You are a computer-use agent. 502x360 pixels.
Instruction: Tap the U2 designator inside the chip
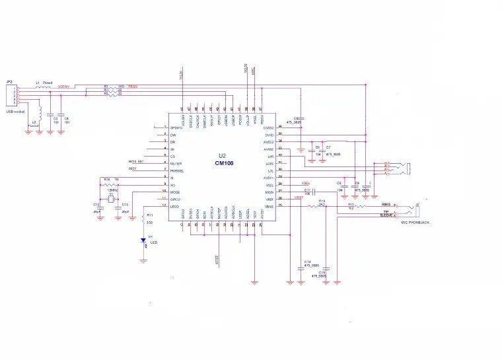pos(223,157)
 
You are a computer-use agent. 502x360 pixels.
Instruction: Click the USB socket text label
pos(15,112)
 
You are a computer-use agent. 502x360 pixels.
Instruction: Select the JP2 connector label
pos(9,81)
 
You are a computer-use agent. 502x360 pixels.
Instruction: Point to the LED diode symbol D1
pos(143,242)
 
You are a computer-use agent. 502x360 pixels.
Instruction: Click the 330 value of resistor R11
pos(150,223)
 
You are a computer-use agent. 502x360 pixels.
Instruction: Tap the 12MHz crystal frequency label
pos(112,190)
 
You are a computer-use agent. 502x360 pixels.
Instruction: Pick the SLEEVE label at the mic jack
pos(386,215)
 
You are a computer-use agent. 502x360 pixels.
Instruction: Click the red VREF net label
pos(299,197)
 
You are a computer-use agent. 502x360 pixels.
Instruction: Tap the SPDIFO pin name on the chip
pos(176,127)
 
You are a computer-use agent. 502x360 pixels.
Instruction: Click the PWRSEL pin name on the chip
pos(177,170)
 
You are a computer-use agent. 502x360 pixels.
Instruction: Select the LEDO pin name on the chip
pos(174,207)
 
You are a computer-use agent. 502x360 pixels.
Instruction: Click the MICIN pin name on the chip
pos(269,192)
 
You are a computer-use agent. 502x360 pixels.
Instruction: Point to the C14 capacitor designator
pos(307,261)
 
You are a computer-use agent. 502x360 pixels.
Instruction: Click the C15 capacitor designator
pos(322,271)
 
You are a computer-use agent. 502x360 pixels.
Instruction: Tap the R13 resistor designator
pos(351,204)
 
